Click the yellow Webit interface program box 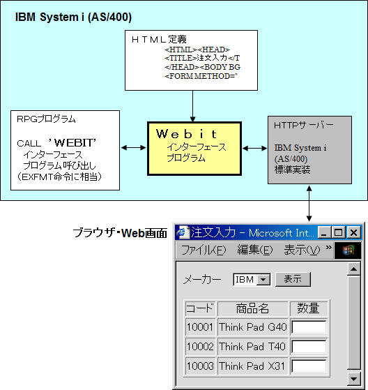coord(194,149)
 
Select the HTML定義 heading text coord(159,39)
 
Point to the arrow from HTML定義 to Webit coord(192,106)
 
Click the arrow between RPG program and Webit coord(133,148)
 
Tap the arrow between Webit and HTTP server coord(254,149)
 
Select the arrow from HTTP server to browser coord(309,204)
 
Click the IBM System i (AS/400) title coord(73,17)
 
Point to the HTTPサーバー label coord(304,125)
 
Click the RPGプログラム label coord(46,119)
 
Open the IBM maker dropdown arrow coord(263,280)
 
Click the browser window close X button coord(353,232)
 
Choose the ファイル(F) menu coord(204,250)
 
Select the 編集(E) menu coord(254,250)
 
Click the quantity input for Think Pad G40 coord(309,327)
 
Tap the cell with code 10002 coord(200,347)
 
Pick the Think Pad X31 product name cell coord(253,366)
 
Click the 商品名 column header coord(253,308)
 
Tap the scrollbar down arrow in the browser coord(353,379)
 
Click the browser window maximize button coord(339,232)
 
